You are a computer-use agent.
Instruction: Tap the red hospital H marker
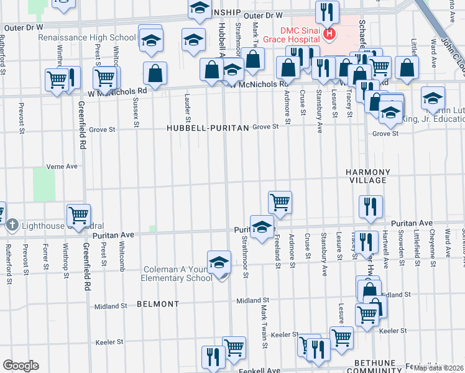(330, 34)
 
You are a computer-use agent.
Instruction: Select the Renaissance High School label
(87, 37)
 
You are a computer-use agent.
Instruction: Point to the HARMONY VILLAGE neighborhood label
(369, 176)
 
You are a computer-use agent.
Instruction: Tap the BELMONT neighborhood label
(158, 305)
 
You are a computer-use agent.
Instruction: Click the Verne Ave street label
(62, 167)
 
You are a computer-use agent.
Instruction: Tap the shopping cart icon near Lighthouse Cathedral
(79, 215)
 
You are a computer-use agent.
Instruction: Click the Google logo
(21, 366)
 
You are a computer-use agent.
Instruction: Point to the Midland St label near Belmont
(111, 306)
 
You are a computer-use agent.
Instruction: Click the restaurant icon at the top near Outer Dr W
(326, 11)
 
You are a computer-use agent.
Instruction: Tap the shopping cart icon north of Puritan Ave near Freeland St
(280, 201)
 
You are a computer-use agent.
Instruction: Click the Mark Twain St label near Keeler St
(264, 336)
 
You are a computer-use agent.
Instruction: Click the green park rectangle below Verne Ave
(44, 184)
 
